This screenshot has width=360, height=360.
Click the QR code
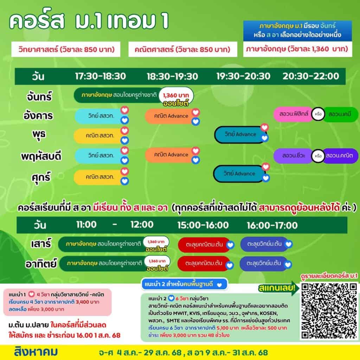coord(329,311)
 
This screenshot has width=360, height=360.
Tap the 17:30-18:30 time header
coord(100,76)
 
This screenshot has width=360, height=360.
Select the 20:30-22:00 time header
coord(311,76)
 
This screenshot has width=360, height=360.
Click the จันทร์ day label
coord(39,96)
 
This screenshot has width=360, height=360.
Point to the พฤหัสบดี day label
coord(41,156)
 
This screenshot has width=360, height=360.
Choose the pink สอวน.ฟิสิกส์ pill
coord(294,114)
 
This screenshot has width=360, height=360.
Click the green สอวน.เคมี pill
coord(340,114)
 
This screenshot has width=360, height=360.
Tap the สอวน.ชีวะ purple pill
coord(294,156)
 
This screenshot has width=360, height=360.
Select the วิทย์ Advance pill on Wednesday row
coord(240,134)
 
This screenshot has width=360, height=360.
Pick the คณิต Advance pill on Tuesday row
coord(171,116)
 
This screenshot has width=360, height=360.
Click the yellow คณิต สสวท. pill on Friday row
coord(99,177)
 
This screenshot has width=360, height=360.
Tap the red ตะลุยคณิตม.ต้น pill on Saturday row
coord(204,245)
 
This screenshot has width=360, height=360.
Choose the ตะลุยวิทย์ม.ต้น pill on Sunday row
coord(264,263)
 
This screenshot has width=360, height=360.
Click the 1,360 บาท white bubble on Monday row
coord(176,95)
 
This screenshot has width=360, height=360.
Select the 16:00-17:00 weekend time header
coord(272,225)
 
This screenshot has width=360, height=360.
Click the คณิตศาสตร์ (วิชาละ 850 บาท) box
coord(182,49)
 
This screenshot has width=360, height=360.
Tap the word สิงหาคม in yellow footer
coord(36,352)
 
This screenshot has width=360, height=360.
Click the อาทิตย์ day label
coord(41,264)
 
